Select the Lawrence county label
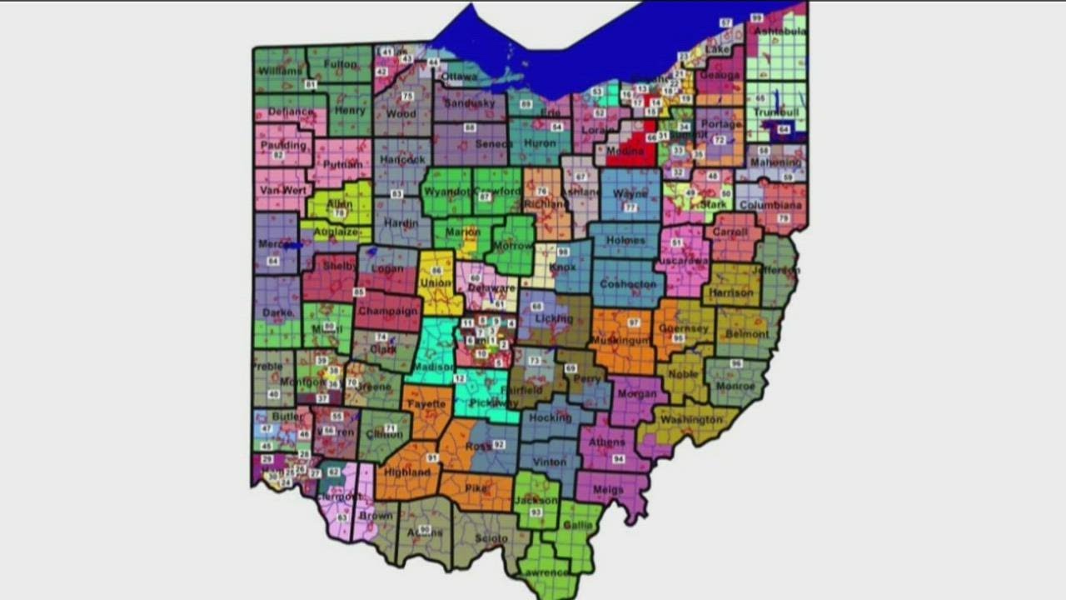[545, 572]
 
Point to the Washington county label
[691, 419]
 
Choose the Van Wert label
[281, 190]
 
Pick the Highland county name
[408, 472]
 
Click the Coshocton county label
[629, 284]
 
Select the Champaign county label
[388, 311]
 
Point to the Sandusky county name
[470, 104]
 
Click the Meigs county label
[609, 490]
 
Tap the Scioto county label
[491, 538]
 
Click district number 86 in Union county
[437, 272]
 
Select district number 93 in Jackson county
[536, 512]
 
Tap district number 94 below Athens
[617, 459]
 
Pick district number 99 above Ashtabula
[756, 17]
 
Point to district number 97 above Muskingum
[634, 322]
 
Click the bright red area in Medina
[636, 150]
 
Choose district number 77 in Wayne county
[630, 207]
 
